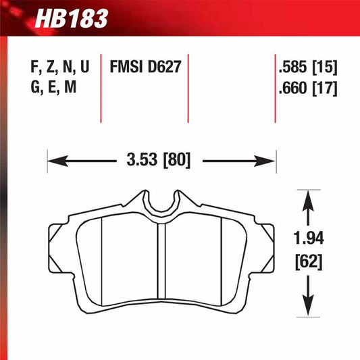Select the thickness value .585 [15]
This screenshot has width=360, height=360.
(x=307, y=68)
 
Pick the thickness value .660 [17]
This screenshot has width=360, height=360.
(x=307, y=88)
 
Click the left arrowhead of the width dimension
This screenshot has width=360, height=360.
(x=54, y=161)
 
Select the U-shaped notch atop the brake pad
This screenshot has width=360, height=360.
(x=161, y=199)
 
